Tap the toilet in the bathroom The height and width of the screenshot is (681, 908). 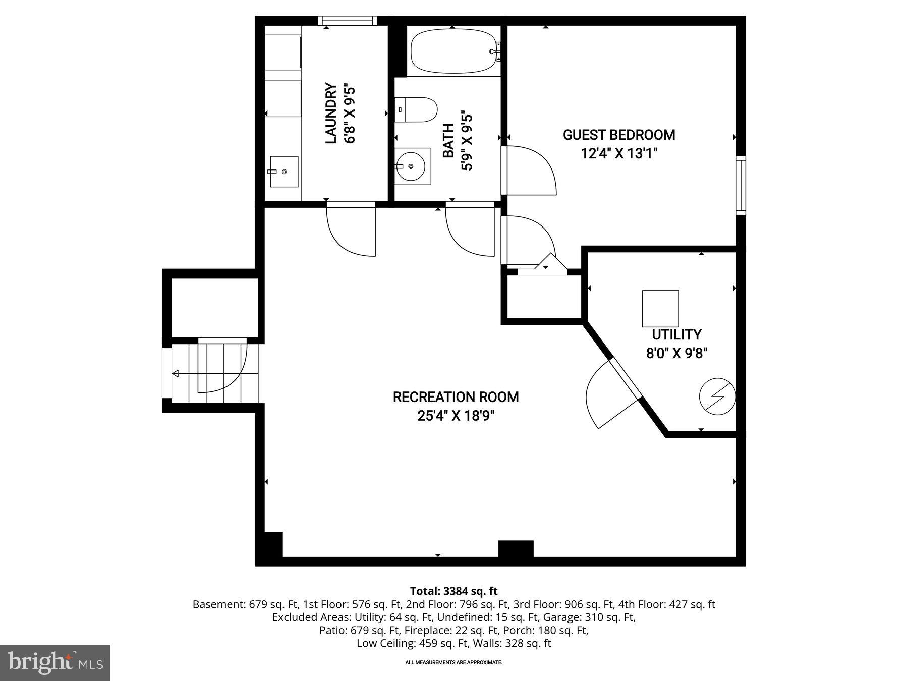[x=416, y=110]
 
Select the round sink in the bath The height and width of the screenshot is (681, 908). [x=411, y=166]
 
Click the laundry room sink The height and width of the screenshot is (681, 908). [x=283, y=172]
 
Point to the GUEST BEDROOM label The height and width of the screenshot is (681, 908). [x=619, y=135]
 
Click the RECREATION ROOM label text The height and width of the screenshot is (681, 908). [x=456, y=397]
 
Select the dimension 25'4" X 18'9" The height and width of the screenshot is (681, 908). [x=456, y=416]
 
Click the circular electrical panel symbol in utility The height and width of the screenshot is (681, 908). [x=717, y=396]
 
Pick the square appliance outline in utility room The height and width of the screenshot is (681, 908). [x=660, y=308]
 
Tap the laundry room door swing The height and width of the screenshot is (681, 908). [x=351, y=230]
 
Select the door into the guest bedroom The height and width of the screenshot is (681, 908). [x=529, y=171]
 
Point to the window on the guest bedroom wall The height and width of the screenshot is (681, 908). [x=741, y=185]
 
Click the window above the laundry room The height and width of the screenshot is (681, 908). [x=348, y=20]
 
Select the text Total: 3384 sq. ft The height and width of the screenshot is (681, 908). [x=453, y=591]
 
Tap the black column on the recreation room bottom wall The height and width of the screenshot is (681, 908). [x=516, y=549]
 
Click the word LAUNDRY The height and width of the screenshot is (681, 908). [x=331, y=113]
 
